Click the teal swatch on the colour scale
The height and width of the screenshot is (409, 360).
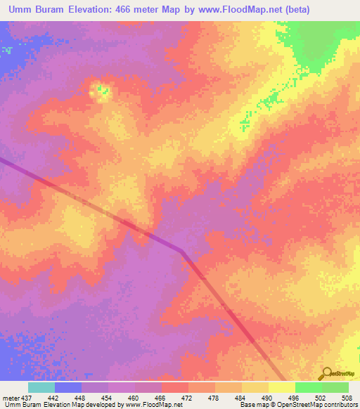41,387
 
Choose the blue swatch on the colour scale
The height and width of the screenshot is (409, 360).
67,387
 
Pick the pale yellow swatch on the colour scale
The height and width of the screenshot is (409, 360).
281,387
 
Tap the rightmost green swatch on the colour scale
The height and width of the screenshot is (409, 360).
335,387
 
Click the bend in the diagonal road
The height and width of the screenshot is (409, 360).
182,250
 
